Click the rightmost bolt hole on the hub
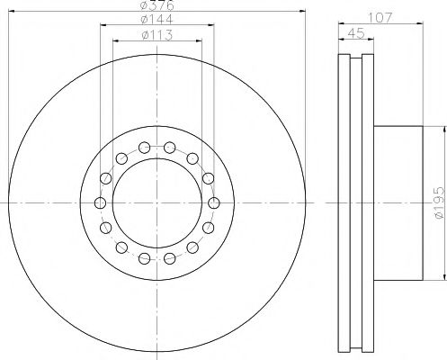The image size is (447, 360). (214, 202)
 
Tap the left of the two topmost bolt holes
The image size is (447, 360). (145, 147)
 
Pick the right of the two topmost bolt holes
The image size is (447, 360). (170, 147)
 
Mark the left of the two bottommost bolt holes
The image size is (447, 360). (145, 258)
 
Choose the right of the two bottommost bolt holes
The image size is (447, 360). (170, 258)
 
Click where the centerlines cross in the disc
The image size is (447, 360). (157, 202)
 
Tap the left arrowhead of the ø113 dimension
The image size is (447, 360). (114, 44)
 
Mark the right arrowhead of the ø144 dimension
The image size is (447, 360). (213, 30)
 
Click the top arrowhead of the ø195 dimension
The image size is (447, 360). (442, 128)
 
